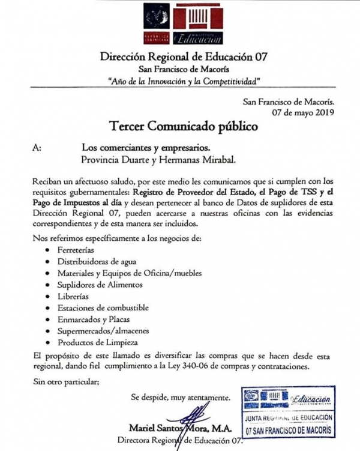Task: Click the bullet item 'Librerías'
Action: coord(73,296)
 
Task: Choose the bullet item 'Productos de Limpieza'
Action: coord(94,342)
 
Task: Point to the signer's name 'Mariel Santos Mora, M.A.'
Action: coord(178,428)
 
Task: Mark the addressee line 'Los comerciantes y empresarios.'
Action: coord(146,148)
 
